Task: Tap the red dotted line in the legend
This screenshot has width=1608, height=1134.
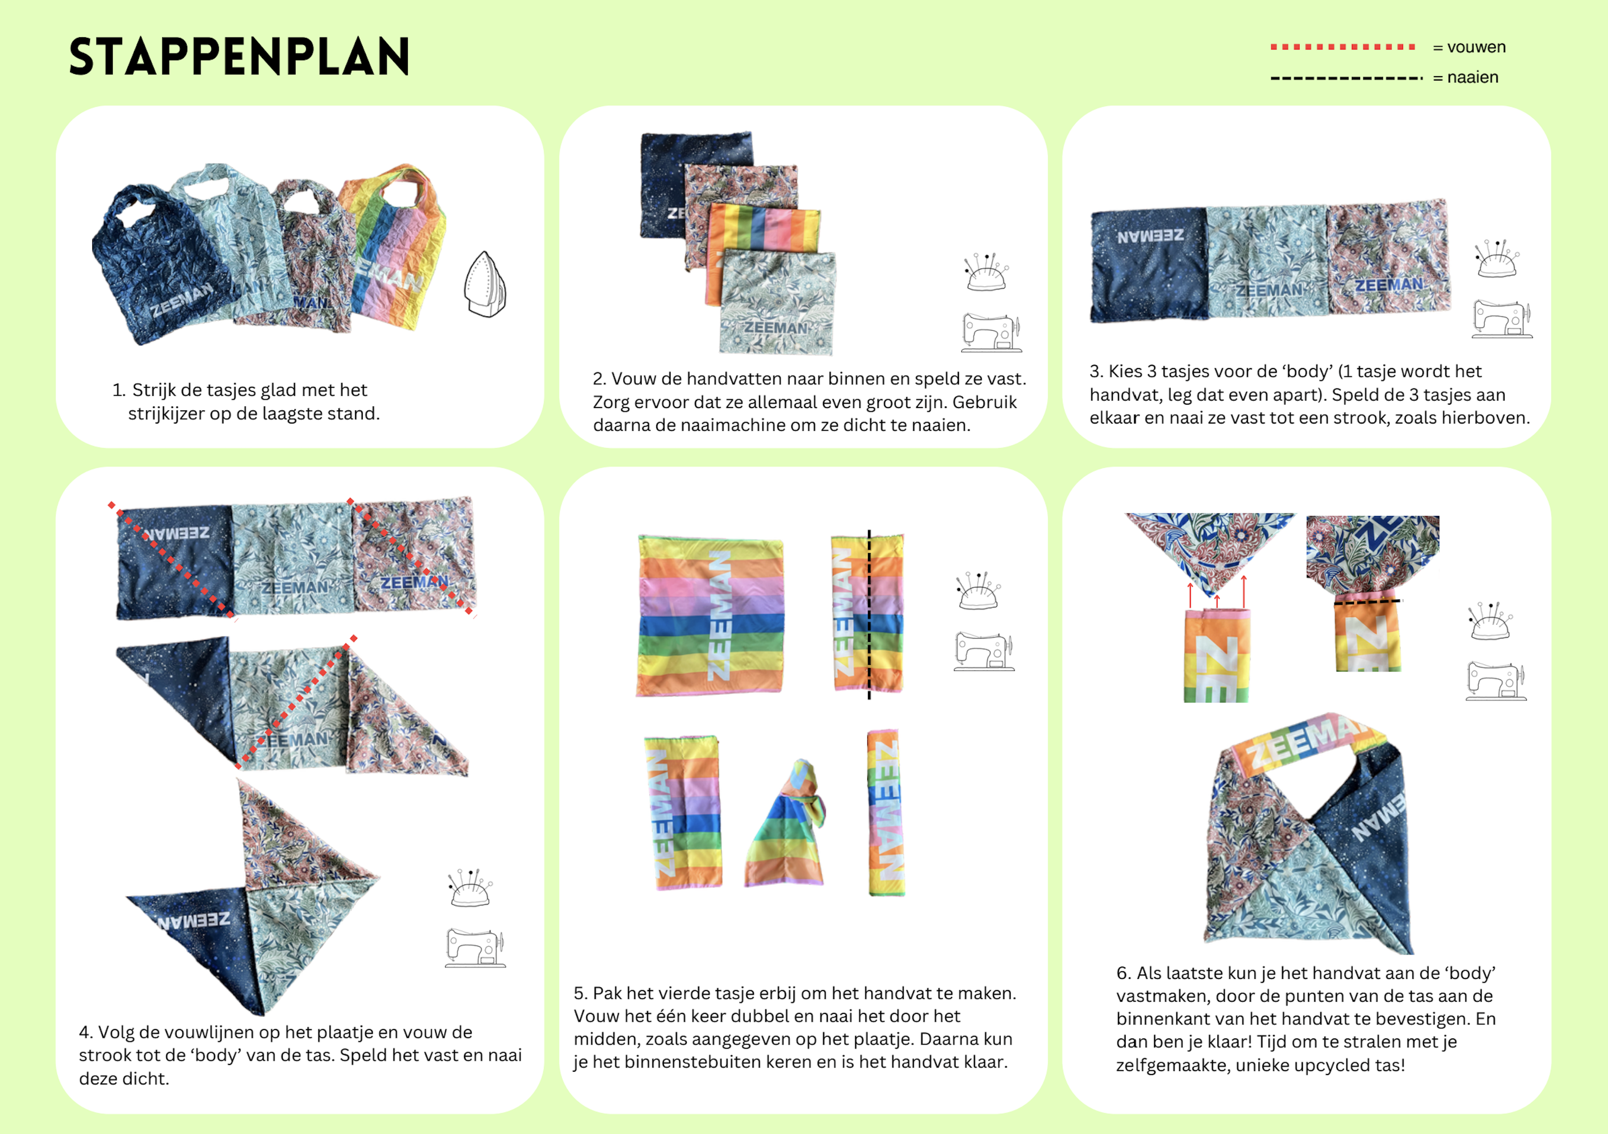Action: point(1343,47)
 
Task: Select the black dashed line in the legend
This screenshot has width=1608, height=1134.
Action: point(1346,78)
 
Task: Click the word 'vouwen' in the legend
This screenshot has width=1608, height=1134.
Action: point(1477,47)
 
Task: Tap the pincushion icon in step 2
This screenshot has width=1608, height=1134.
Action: point(986,272)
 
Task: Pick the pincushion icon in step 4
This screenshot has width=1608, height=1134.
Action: point(470,887)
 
